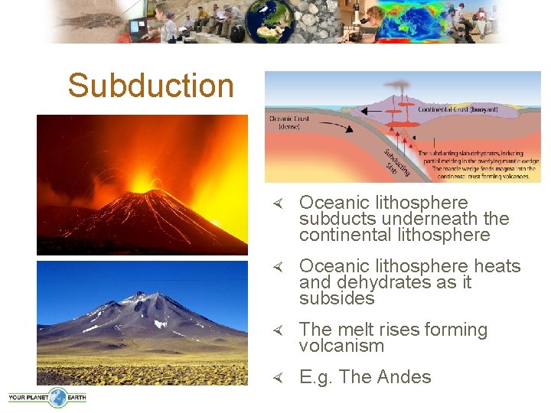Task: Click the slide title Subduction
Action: [x=150, y=86]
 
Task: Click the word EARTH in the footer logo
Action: [x=76, y=397]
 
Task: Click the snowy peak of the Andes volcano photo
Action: [x=141, y=299]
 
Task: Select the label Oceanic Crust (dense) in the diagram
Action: [x=289, y=122]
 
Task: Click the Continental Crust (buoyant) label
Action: [x=458, y=109]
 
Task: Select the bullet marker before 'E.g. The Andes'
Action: [x=279, y=378]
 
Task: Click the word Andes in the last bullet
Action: [x=406, y=377]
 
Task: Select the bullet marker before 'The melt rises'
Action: [x=279, y=330]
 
